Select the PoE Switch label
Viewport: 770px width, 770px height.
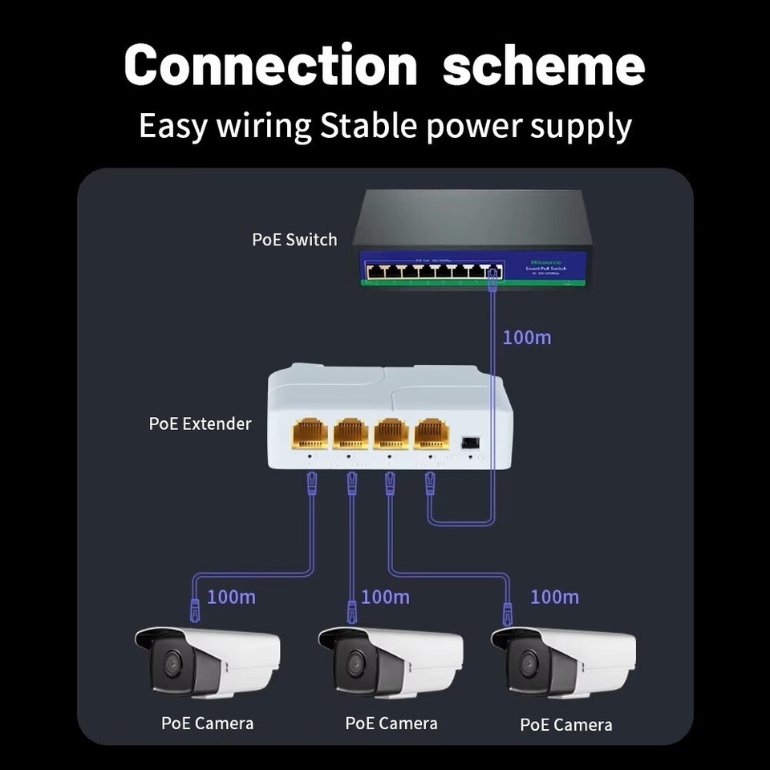point(294,239)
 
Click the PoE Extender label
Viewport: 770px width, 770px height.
point(200,423)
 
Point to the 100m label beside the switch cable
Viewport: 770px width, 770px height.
point(527,337)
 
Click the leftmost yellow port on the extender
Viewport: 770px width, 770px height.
point(310,433)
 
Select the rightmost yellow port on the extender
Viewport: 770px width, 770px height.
point(432,433)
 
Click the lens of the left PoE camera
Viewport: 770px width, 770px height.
point(171,664)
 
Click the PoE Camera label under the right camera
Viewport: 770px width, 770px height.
point(565,725)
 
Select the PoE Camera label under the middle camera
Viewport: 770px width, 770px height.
point(391,723)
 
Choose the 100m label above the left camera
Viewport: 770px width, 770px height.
point(231,597)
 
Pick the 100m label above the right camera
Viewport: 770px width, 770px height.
point(554,597)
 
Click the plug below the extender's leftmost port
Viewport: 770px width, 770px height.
point(312,483)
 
